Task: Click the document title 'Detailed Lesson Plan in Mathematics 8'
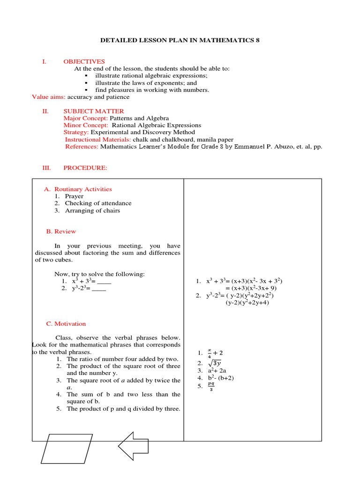click(180, 41)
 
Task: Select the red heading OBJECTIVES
click(84, 61)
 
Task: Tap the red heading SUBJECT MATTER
click(94, 111)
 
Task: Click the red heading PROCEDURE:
click(85, 168)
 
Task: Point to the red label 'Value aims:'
click(49, 97)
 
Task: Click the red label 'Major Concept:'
click(86, 118)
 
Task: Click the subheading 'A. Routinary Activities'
click(78, 189)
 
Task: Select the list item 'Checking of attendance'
click(98, 203)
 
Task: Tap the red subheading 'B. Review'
click(61, 231)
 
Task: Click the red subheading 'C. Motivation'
click(66, 323)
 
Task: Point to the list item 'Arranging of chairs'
click(92, 210)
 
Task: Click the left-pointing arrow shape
click(136, 448)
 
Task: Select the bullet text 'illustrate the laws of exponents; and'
click(146, 82)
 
